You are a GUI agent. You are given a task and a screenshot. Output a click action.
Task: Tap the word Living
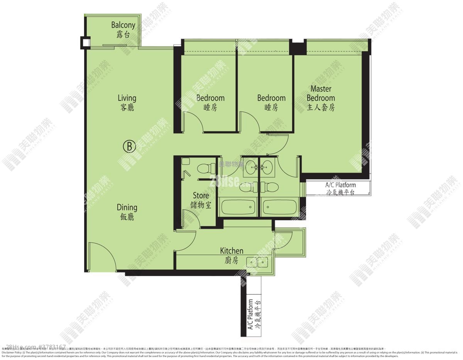point(127,98)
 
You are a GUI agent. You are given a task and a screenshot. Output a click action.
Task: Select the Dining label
point(127,208)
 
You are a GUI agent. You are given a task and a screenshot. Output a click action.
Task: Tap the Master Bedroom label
point(321,94)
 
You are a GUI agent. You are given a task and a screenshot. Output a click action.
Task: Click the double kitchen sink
point(257,262)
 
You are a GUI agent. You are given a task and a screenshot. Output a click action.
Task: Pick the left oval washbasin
point(250,167)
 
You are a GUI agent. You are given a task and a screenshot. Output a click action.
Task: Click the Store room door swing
point(191,220)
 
